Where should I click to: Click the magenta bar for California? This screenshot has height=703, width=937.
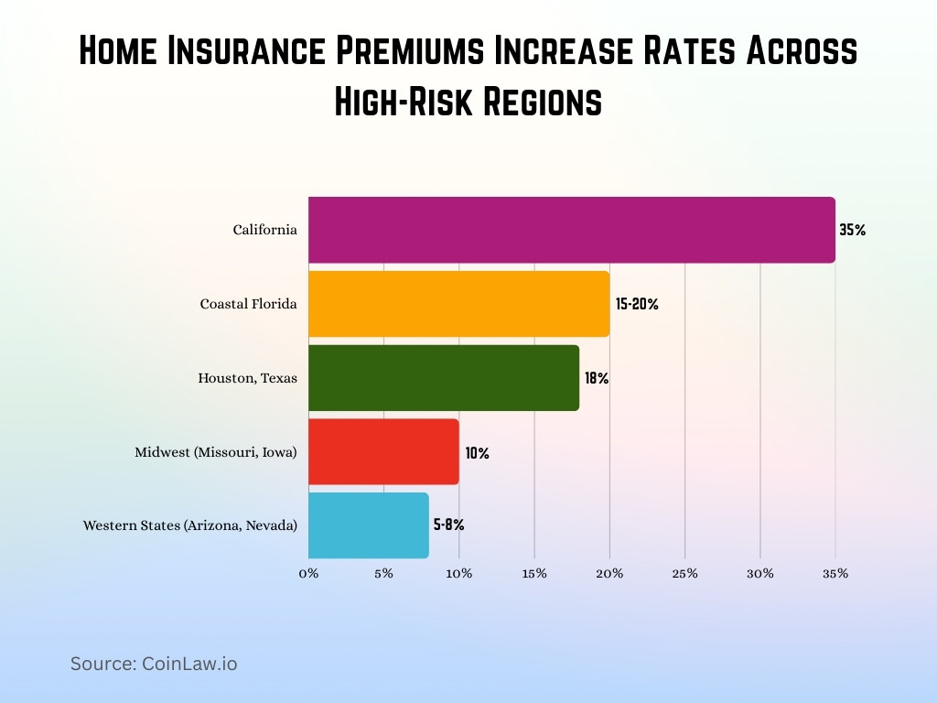(571, 230)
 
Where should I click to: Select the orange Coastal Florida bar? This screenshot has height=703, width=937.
(458, 304)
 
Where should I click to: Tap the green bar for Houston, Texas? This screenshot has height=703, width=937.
(444, 377)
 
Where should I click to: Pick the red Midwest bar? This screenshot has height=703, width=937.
(383, 451)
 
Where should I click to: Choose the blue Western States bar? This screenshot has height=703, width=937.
(368, 525)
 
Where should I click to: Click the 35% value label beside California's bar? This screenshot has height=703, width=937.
(852, 231)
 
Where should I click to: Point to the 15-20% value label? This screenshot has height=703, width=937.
(637, 305)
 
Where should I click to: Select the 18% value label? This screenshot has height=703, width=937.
(597, 378)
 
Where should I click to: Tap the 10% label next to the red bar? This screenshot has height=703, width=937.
(477, 452)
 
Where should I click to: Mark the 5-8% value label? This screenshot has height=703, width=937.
(449, 525)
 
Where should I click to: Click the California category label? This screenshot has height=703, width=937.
(264, 231)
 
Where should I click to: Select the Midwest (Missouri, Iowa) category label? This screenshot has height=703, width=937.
(216, 452)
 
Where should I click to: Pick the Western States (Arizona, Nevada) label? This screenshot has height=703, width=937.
(190, 526)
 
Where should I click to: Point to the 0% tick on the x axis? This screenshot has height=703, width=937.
(308, 574)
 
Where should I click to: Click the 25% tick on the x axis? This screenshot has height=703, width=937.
(684, 574)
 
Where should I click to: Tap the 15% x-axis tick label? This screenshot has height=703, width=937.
(534, 574)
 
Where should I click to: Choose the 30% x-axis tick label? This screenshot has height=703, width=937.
(759, 574)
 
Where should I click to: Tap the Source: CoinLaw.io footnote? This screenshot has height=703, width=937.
(154, 665)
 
